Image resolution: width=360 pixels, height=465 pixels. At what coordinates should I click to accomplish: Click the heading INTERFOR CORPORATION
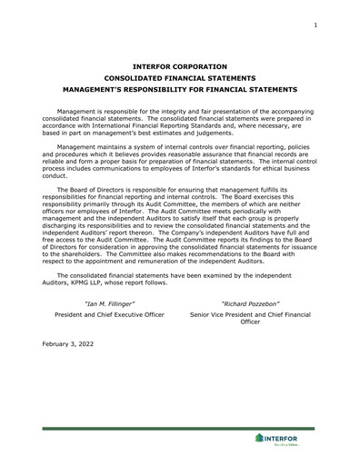click(x=179, y=66)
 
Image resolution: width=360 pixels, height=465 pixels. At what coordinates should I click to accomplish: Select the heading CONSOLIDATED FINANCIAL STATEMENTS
click(x=179, y=78)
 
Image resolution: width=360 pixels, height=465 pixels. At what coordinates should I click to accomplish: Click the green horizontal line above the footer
click(x=179, y=428)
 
